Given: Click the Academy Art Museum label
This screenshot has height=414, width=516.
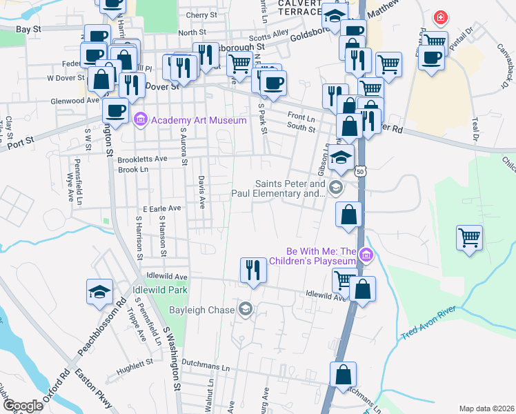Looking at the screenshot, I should coord(199,120).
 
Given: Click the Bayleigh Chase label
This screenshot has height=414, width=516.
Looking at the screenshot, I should coord(203,309).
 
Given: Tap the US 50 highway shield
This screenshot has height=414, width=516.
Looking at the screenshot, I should coord(361,170).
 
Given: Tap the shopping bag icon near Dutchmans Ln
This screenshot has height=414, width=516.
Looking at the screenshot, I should coord(343,375).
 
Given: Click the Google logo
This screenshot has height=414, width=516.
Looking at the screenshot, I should coord(23,406).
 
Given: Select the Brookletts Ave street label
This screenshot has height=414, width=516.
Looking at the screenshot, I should coord(142,159).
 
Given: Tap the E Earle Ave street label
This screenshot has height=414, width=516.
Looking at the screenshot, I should coord(161,208).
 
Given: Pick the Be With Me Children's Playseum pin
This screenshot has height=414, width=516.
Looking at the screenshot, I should coord(366,256).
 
